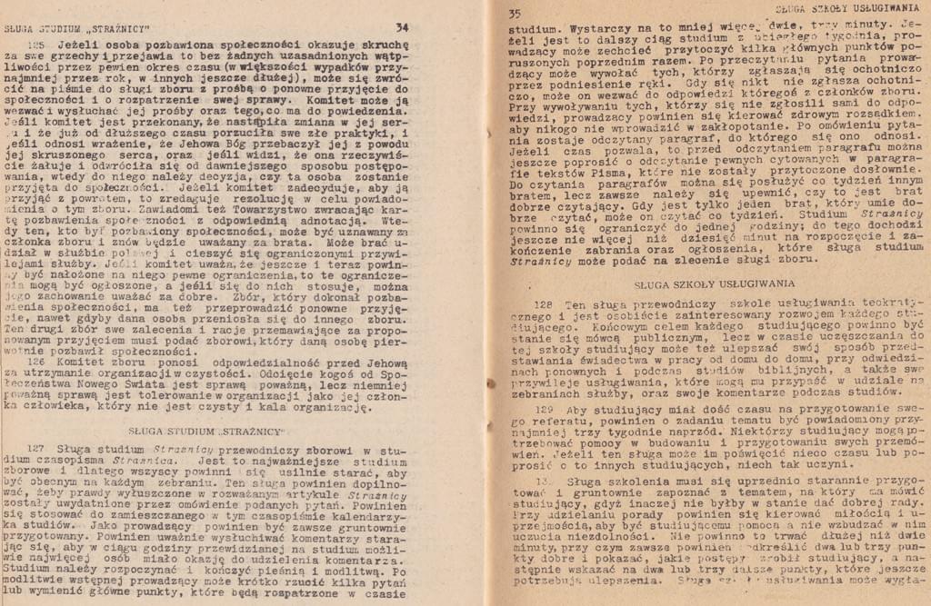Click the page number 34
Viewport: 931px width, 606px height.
point(402,28)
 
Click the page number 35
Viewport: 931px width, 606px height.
point(515,14)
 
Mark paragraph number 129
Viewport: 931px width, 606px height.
point(543,409)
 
